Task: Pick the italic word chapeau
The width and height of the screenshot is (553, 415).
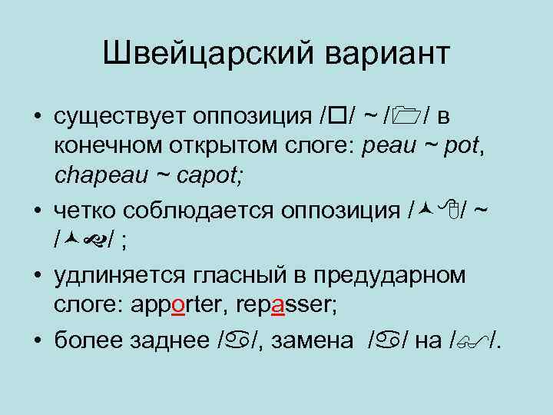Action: [x=97, y=176]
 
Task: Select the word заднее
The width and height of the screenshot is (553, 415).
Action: [x=174, y=340]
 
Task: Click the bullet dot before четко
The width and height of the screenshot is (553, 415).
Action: [x=36, y=211]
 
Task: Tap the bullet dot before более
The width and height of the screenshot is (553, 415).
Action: [x=36, y=340]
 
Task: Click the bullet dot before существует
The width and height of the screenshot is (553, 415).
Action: [x=36, y=117]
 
